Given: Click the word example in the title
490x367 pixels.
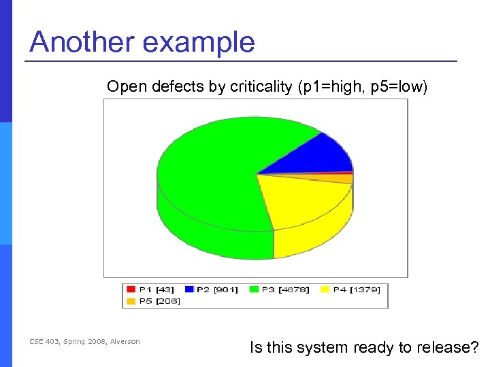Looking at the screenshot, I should pyautogui.click(x=199, y=42).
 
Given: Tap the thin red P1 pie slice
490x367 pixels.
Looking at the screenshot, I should pyautogui.click(x=340, y=173).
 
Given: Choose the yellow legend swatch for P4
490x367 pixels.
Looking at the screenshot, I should pyautogui.click(x=324, y=290).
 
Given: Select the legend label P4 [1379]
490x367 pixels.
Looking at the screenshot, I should pyautogui.click(x=355, y=290).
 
